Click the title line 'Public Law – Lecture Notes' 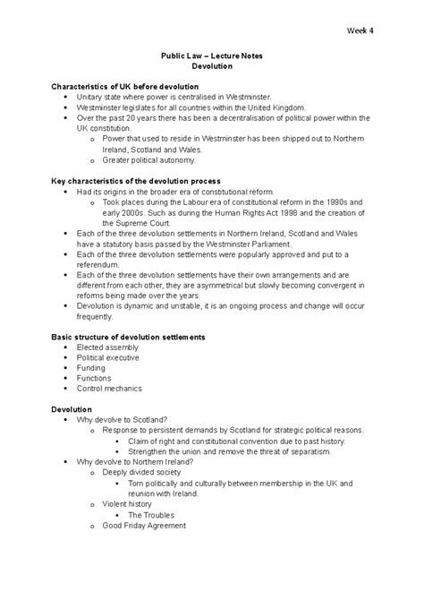212,56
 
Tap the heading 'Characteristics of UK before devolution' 131,86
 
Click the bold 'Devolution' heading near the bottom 73,409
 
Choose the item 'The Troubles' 150,515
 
